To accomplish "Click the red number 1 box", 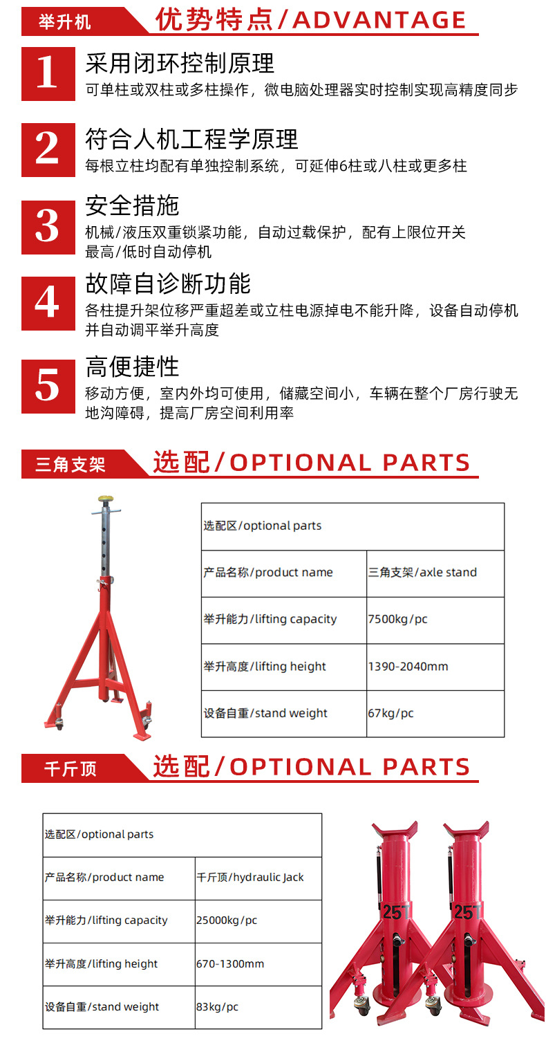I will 48,73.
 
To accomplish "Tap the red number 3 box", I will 48,227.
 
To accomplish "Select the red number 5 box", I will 48,386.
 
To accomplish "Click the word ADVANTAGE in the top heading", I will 379,20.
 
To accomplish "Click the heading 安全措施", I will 132,205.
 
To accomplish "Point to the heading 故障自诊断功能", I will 168,284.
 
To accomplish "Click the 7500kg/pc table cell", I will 435,620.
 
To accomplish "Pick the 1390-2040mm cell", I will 435,667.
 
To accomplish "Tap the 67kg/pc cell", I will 435,713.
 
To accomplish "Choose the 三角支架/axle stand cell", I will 435,573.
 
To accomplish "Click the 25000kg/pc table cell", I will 258,921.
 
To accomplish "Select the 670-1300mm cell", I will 258,964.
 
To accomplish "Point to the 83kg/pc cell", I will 258,1007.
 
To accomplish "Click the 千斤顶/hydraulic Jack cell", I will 258,877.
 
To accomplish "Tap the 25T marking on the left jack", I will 395,913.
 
